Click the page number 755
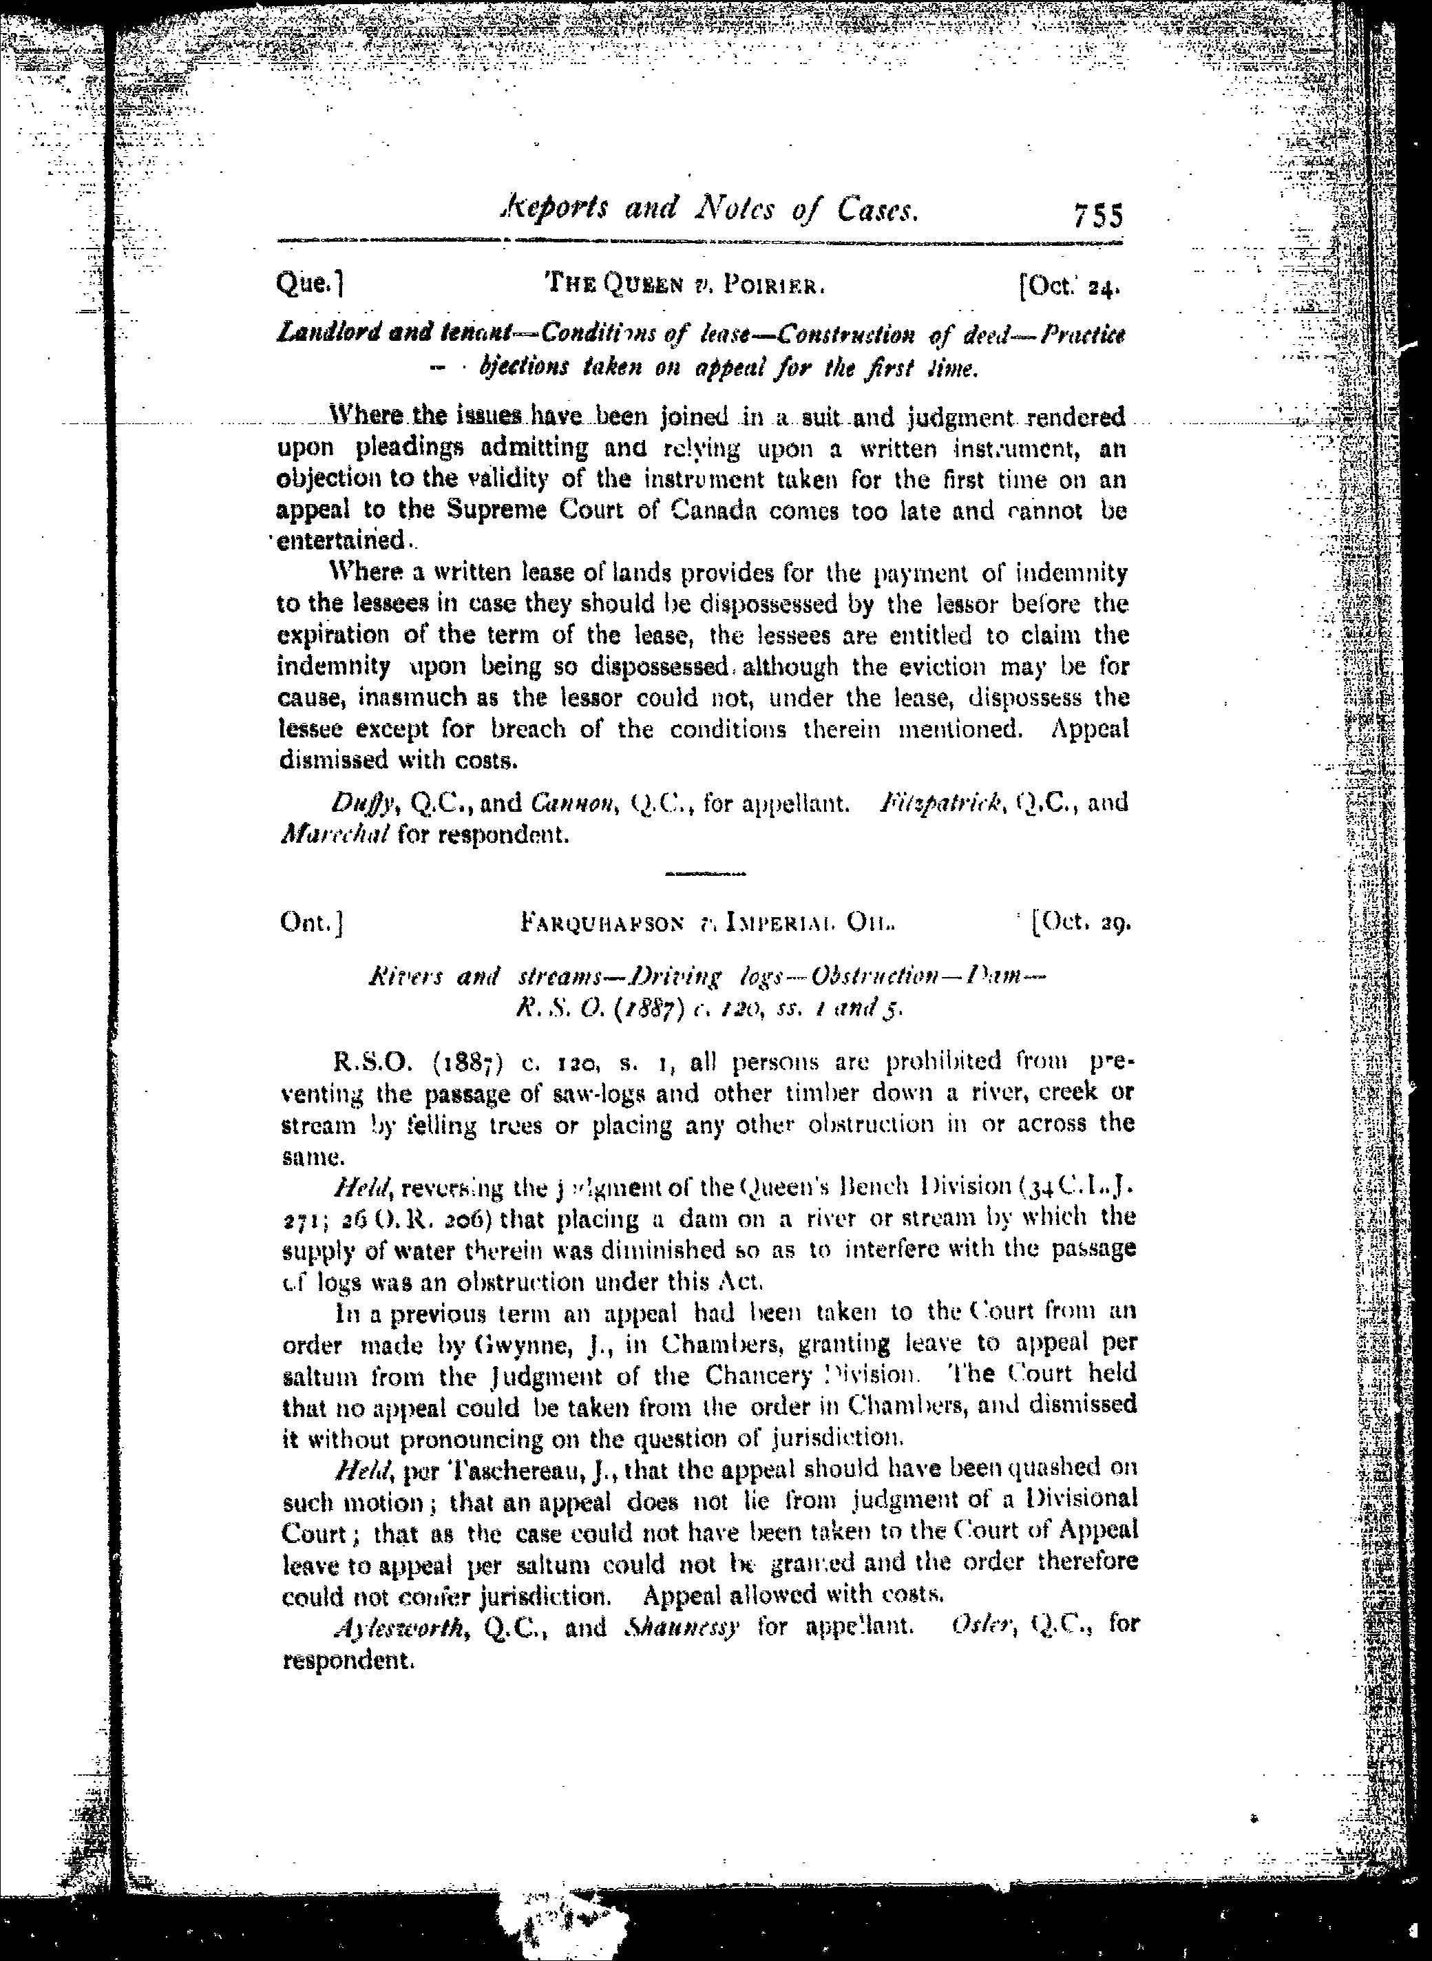(1097, 214)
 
